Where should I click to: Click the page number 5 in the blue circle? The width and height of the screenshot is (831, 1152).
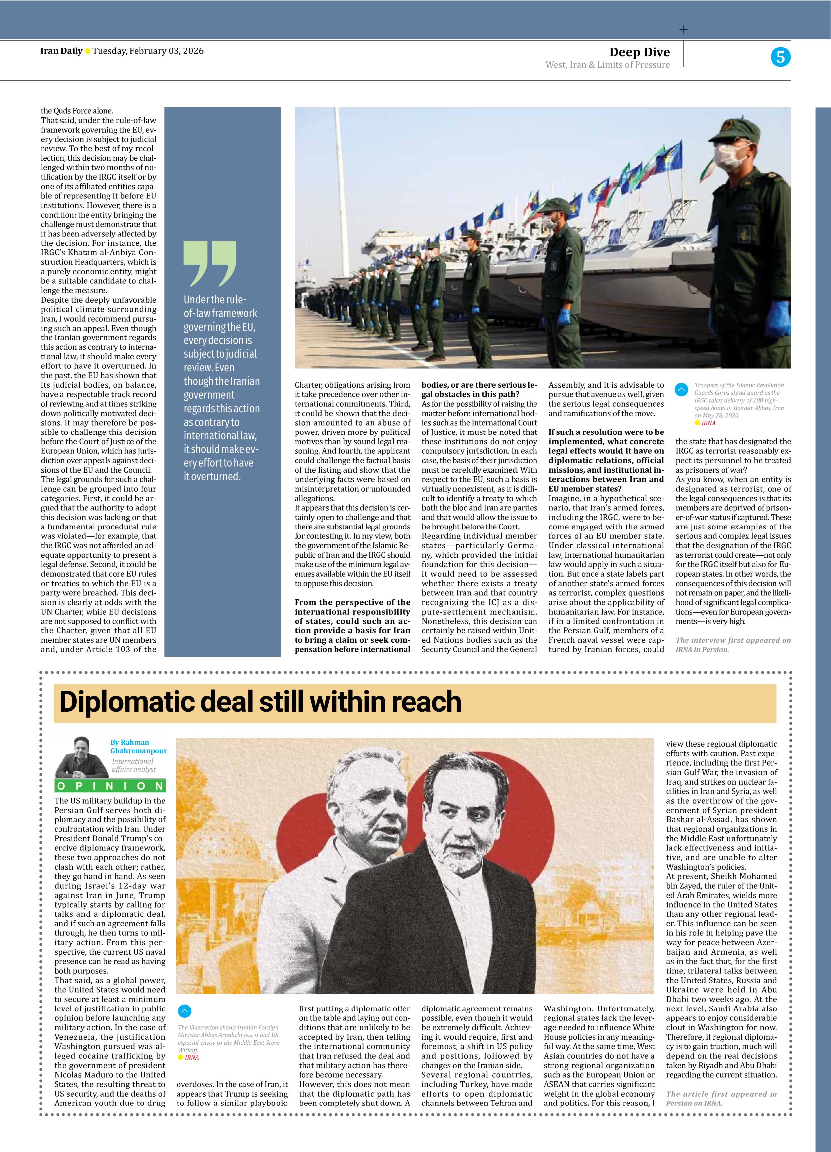[780, 57]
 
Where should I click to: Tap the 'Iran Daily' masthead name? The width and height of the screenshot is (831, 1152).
[61, 51]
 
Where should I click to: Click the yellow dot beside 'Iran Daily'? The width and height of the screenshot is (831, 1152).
[87, 51]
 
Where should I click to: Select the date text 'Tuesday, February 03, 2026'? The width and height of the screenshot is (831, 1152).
[148, 51]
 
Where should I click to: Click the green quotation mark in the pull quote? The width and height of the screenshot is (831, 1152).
[209, 263]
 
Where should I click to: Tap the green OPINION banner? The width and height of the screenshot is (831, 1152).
[110, 786]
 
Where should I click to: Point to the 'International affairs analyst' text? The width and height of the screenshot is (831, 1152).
[134, 765]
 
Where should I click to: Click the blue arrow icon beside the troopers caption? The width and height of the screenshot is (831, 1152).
[681, 390]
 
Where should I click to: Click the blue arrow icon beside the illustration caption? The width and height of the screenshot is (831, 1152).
[184, 1011]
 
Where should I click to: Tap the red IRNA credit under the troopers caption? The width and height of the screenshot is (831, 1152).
[707, 423]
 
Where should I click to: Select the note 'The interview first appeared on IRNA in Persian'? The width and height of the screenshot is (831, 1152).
[733, 644]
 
